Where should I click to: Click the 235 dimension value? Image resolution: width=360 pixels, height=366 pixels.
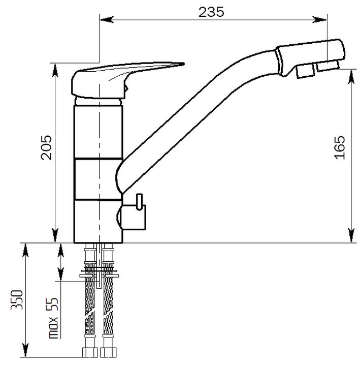pos(211,12)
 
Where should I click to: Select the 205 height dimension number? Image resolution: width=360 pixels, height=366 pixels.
pos(46,147)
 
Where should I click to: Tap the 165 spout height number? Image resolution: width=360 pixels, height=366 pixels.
pos(340,147)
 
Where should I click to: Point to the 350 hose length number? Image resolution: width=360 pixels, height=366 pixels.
pos(17,300)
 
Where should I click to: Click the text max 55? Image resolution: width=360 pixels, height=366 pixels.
pos(53,318)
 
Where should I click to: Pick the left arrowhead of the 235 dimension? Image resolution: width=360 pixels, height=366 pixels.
pos(107,20)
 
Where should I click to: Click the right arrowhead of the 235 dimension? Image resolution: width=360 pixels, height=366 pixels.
pos(320,20)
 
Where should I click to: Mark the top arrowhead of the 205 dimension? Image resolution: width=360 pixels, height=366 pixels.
pos(55,70)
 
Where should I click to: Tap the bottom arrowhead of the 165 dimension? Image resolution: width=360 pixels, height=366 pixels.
pos(351,235)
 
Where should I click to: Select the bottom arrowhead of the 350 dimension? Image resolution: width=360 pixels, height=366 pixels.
pos(25,350)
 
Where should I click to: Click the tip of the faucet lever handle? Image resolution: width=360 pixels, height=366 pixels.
pos(184,64)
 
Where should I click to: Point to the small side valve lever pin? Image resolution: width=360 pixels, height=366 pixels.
pos(139,202)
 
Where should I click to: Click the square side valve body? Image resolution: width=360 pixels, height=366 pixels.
pos(133,218)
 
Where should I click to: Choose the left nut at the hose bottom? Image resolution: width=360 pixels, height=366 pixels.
pos(90,352)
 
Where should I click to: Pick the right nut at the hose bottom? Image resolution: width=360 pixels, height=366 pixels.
pos(108,352)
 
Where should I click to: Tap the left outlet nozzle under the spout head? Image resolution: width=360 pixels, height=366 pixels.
pos(306,71)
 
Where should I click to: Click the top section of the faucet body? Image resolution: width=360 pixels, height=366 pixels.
pos(98,132)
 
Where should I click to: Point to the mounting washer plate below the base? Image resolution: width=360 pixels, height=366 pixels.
pos(99,276)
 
